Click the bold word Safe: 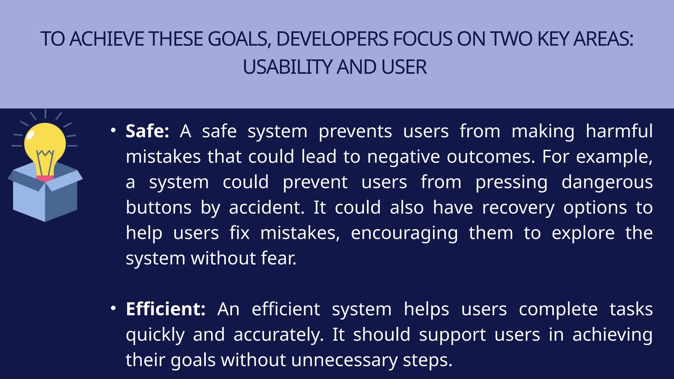coord(147,131)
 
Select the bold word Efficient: coord(166,309)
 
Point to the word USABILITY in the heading coord(287,67)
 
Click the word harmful coord(619,131)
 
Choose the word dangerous coord(607,182)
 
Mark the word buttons coord(159,208)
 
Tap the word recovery coord(518,208)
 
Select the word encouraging coord(404,233)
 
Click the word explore coord(583,233)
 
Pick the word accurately coord(278,335)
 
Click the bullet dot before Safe coord(113,131)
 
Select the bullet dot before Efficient coord(113,309)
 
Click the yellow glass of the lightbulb coord(45,140)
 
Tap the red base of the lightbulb coord(45,179)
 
